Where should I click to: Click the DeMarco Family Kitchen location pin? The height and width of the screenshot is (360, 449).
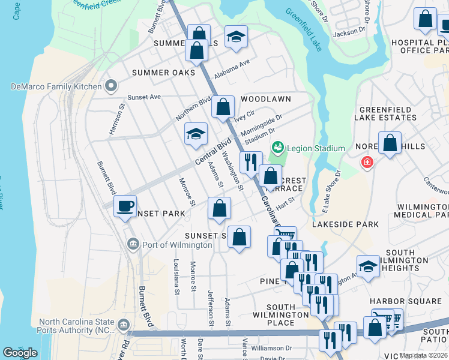pos(110,86)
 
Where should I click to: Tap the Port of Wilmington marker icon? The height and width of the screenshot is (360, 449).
pos(133,244)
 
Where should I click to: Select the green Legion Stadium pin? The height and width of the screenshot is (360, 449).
pos(277,148)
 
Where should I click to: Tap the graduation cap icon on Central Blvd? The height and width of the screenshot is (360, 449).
pos(196,134)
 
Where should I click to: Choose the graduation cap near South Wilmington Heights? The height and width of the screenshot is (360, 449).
pos(368,267)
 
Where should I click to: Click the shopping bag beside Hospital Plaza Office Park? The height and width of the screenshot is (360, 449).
pos(425,20)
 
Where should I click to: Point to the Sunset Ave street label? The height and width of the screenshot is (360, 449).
pos(144,97)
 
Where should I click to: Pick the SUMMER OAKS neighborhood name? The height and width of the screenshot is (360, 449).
pos(163,72)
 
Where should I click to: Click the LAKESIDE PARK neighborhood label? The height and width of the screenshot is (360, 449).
pos(345,224)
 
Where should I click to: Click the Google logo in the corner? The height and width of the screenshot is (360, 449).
pos(20,353)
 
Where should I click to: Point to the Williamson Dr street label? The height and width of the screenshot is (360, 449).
pos(271,347)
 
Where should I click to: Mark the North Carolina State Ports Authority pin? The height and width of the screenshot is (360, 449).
pos(122,325)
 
